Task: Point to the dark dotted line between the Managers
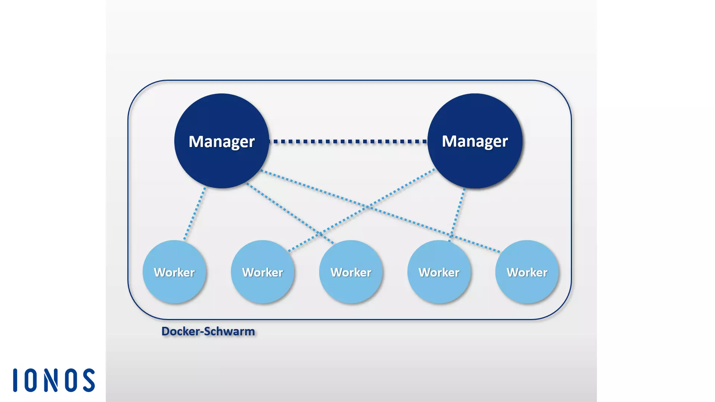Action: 348,141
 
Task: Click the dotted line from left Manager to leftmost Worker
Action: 194,214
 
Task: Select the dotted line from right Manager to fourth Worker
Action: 457,214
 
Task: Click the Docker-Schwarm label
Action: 208,331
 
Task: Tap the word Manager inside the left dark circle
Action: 222,141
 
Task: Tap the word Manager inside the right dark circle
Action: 475,141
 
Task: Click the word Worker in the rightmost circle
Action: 527,272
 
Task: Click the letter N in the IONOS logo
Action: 51,380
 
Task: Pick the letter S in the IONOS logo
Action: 89,380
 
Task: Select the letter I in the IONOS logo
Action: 15,380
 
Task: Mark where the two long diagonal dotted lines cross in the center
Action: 368,206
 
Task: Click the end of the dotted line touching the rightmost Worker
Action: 499,252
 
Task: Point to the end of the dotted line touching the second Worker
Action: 289,250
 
